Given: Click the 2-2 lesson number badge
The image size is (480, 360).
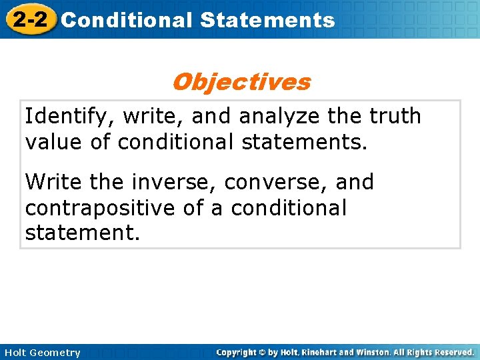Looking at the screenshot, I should [x=29, y=19].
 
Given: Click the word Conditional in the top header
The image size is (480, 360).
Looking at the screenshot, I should [x=126, y=20].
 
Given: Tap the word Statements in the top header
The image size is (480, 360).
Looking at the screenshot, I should [x=267, y=20].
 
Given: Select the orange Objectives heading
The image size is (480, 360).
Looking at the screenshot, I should [x=241, y=82].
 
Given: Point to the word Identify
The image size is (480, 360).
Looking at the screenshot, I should [x=63, y=117].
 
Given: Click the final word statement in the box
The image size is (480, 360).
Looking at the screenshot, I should [x=83, y=233].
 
